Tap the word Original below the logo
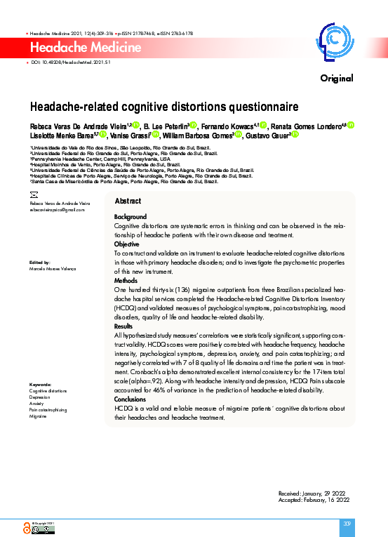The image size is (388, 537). pyautogui.click(x=336, y=78)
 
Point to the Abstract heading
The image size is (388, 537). pyautogui.click(x=128, y=201)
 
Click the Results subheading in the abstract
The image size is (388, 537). pyautogui.click(x=123, y=326)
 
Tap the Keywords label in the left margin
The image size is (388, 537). pyautogui.click(x=41, y=385)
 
